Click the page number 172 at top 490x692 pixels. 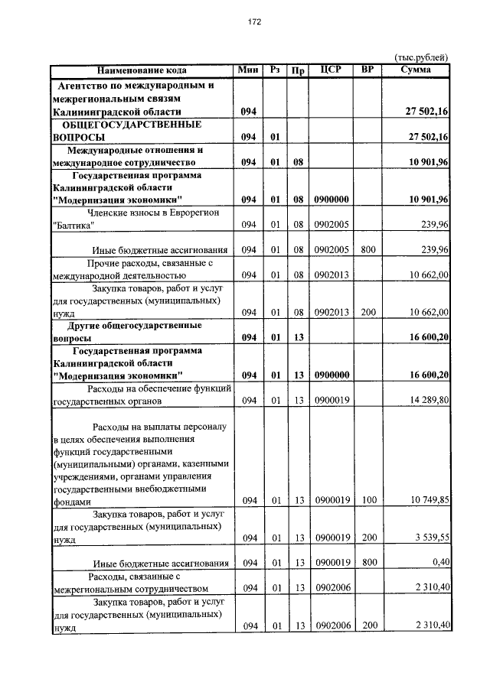coord(256,22)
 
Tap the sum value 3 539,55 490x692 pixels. coord(430,538)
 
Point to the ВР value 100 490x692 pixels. coord(369,501)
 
